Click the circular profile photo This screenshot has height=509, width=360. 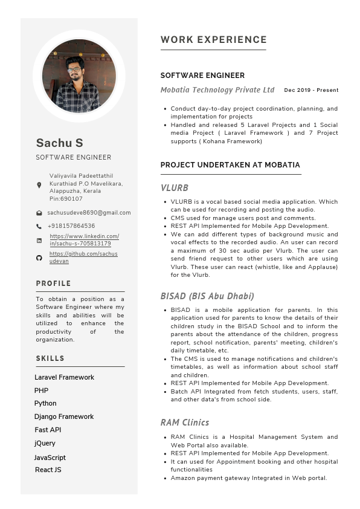tap(79, 76)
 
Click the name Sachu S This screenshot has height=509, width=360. tap(59, 143)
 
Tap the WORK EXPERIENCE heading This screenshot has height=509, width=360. tap(213, 40)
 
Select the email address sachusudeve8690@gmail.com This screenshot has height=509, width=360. tap(89, 213)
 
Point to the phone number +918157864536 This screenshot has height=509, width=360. tap(71, 226)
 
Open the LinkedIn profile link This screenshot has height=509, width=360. tap(84, 240)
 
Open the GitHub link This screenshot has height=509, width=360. tap(83, 257)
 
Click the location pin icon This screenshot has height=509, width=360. tap(39, 185)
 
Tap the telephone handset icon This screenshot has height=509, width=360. tap(39, 226)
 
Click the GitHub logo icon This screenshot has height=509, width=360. tap(39, 258)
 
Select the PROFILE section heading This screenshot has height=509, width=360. tap(53, 284)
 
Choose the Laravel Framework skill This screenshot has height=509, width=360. tap(64, 377)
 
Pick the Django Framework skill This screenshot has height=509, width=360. tap(64, 417)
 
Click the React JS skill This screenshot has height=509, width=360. tap(48, 470)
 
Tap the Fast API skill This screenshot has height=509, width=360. tap(48, 430)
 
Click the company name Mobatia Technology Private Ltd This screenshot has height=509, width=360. tap(217, 90)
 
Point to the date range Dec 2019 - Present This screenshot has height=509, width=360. tap(311, 90)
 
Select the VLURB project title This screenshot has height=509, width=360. tap(175, 188)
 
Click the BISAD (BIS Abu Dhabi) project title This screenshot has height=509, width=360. tap(207, 296)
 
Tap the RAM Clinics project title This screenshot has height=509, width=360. tap(185, 423)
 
